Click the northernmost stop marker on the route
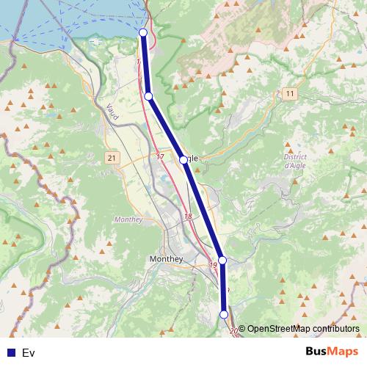pyautogui.click(x=143, y=33)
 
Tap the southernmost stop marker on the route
pyautogui.click(x=224, y=315)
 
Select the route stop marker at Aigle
pyautogui.click(x=183, y=159)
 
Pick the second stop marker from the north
pyautogui.click(x=148, y=96)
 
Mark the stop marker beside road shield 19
pyautogui.click(x=222, y=260)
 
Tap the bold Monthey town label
pyautogui.click(x=165, y=259)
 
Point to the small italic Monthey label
pyautogui.click(x=128, y=219)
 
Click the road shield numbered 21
pyautogui.click(x=112, y=158)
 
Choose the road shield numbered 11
pyautogui.click(x=290, y=94)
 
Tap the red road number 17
pyautogui.click(x=160, y=157)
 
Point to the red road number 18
pyautogui.click(x=189, y=217)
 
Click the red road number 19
pyautogui.click(x=214, y=264)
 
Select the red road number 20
pyautogui.click(x=233, y=332)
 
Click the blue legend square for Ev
pyautogui.click(x=11, y=353)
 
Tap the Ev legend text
pyautogui.click(x=29, y=353)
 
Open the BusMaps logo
pyautogui.click(x=331, y=352)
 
